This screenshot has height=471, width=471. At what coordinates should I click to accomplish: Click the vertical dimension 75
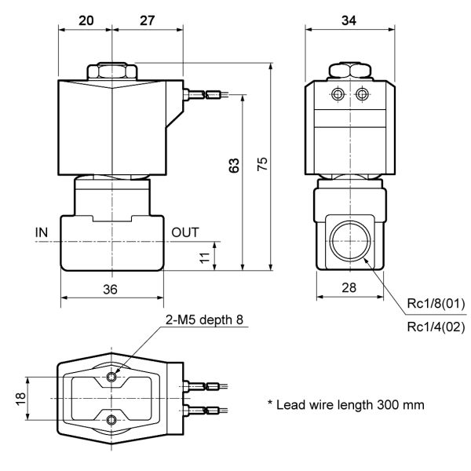[x=263, y=163]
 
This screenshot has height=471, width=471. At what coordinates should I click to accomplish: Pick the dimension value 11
[x=205, y=257]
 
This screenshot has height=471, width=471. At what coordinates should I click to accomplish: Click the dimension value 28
[x=349, y=287]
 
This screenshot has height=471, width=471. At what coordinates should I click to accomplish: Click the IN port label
[x=42, y=232]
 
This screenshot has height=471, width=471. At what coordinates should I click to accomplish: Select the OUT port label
[x=185, y=232]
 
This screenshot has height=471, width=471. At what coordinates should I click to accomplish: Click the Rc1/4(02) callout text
[x=435, y=327]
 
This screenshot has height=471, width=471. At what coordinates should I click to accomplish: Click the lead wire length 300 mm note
[x=346, y=405]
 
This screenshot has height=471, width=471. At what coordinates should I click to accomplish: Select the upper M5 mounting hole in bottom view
[x=114, y=378]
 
